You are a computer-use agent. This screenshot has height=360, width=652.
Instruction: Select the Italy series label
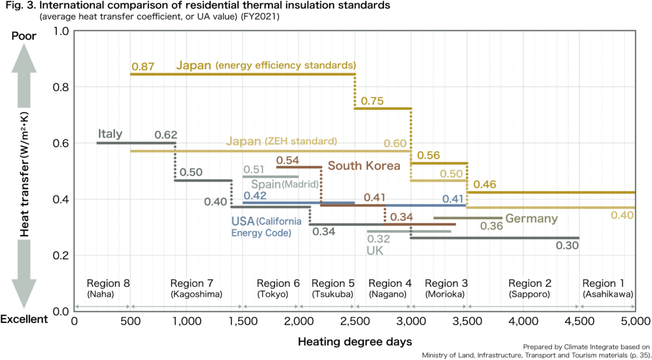pos(110,134)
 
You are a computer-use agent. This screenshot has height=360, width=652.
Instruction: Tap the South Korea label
pos(364,166)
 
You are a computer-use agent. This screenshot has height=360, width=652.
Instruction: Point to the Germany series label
pos(532,219)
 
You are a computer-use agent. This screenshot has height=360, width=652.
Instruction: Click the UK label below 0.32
pos(375,250)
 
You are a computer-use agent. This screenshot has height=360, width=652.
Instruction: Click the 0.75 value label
pos(372,101)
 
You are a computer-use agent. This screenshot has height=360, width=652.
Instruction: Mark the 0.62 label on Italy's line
pos(165,135)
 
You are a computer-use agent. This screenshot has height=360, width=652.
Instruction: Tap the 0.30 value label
pos(567,245)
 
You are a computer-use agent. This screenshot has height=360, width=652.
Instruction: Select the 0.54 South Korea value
pos(288,159)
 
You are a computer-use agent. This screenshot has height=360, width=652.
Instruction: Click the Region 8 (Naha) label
pos(108,288)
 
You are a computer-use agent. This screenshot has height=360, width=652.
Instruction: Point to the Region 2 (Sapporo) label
pos(530,288)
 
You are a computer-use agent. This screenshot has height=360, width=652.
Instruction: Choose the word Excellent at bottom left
pos(24,319)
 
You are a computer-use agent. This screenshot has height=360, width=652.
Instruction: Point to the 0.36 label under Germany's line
pos(492,226)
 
